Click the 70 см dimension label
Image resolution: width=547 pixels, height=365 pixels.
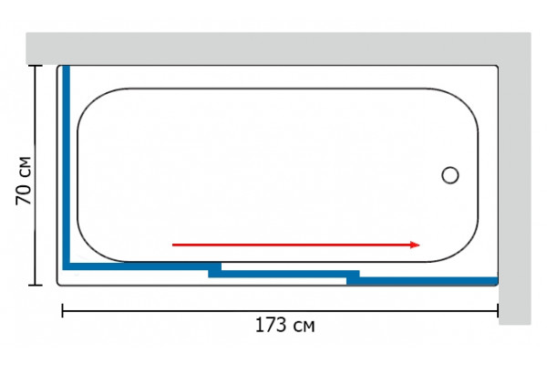[24, 181]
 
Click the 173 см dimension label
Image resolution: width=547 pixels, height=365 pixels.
[285, 325]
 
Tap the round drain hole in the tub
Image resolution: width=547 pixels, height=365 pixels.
[450, 175]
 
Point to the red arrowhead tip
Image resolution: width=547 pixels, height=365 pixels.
[419, 245]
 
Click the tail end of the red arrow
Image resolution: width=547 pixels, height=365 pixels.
[172, 245]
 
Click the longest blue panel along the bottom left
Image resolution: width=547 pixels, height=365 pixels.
[141, 266]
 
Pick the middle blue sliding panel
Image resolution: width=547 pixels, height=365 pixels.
[284, 274]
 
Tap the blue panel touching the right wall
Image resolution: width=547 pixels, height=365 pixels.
[422, 281]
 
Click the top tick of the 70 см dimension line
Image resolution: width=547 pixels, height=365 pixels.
[35, 66]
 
